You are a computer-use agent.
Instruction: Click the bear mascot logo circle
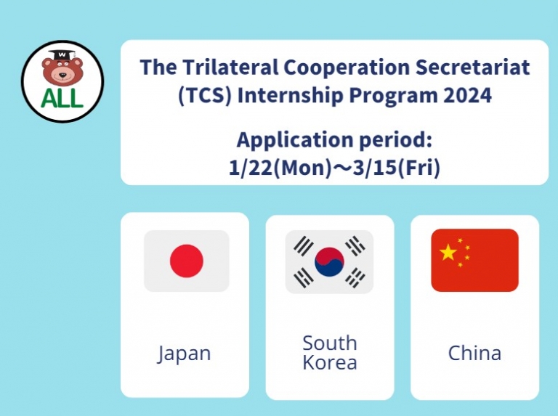coord(62,81)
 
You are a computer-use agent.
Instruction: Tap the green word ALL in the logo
coord(62,99)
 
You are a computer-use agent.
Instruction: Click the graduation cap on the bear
coord(62,54)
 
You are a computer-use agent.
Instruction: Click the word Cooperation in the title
coord(327,68)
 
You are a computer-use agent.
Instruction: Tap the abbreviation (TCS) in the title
coord(201,95)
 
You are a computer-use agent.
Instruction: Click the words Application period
coord(334,140)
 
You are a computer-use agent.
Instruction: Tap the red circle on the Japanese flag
coord(187,261)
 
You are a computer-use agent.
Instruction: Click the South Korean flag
coord(329,261)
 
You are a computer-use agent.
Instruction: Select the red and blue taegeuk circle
coord(329,261)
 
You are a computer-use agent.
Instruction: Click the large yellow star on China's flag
coord(449,252)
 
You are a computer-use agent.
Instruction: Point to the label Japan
coord(185,354)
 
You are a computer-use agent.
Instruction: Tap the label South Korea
coord(329,352)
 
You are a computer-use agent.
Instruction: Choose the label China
coord(474,354)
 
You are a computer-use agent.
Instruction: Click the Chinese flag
coord(474,260)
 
